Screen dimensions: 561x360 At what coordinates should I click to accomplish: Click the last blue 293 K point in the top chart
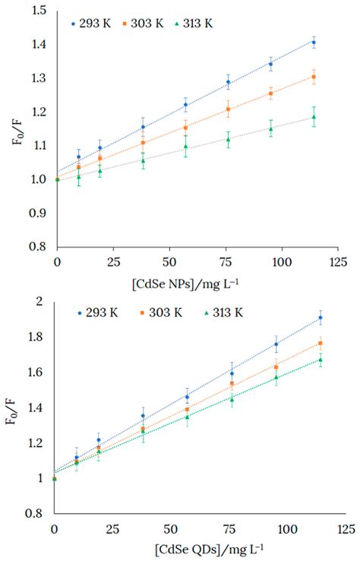(x=314, y=43)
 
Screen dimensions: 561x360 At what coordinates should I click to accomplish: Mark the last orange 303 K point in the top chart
(x=314, y=77)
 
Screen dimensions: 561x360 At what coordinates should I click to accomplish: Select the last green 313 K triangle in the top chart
(x=314, y=117)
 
